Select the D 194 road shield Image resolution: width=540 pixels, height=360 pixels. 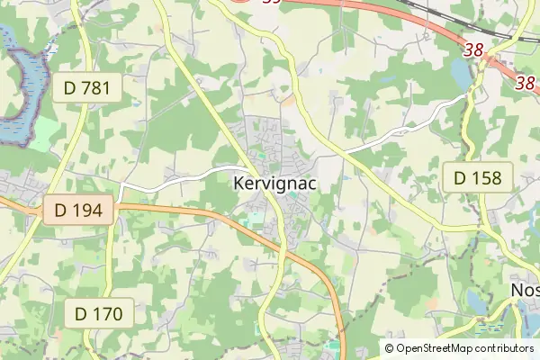(x=78, y=211)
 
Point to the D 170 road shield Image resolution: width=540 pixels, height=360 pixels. (x=98, y=314)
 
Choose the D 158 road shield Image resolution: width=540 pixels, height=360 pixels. (x=477, y=177)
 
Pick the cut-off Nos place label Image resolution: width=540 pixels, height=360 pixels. (x=525, y=290)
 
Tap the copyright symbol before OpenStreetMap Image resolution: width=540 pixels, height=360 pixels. (x=390, y=348)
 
